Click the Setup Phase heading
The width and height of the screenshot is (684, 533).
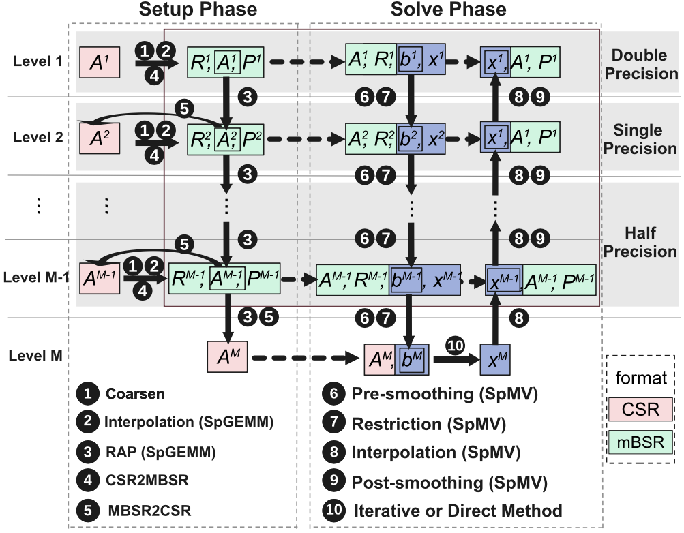tap(198, 10)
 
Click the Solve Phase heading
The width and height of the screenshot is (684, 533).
tap(449, 10)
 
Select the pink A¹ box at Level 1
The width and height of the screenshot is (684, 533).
tap(100, 61)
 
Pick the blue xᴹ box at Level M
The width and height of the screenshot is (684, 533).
tap(496, 356)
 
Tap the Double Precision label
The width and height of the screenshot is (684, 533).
tap(644, 65)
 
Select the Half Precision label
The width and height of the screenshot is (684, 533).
tap(644, 241)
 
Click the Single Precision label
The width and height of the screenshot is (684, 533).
tap(644, 139)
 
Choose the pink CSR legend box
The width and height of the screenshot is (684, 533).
tap(639, 410)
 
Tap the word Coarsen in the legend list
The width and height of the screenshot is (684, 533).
tap(135, 394)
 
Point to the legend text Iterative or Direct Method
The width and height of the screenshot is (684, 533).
tap(457, 510)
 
